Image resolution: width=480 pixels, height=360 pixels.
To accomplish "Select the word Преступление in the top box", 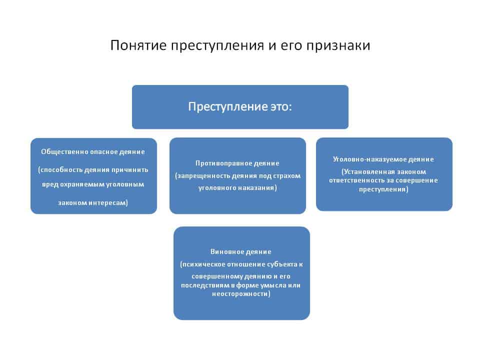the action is [x=228, y=107].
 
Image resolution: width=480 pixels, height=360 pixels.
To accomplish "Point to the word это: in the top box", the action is [x=281, y=107].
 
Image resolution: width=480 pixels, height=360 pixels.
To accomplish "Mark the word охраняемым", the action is [x=80, y=184].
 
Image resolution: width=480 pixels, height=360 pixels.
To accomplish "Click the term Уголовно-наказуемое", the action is [x=369, y=159].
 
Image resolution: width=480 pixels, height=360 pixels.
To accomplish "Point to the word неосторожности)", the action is [x=241, y=294].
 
